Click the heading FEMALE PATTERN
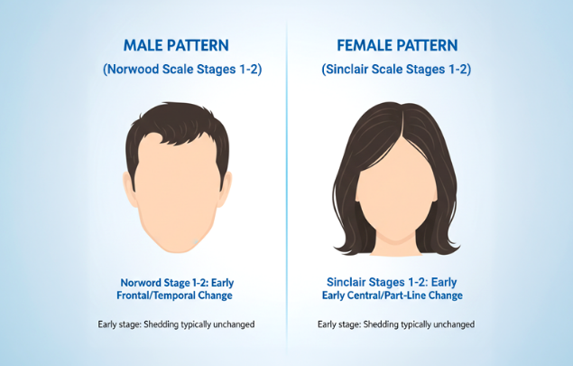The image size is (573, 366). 398,45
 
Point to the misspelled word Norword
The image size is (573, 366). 143,281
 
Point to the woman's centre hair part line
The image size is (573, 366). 398,127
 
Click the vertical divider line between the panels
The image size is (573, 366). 287,181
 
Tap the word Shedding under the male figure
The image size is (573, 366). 159,324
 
